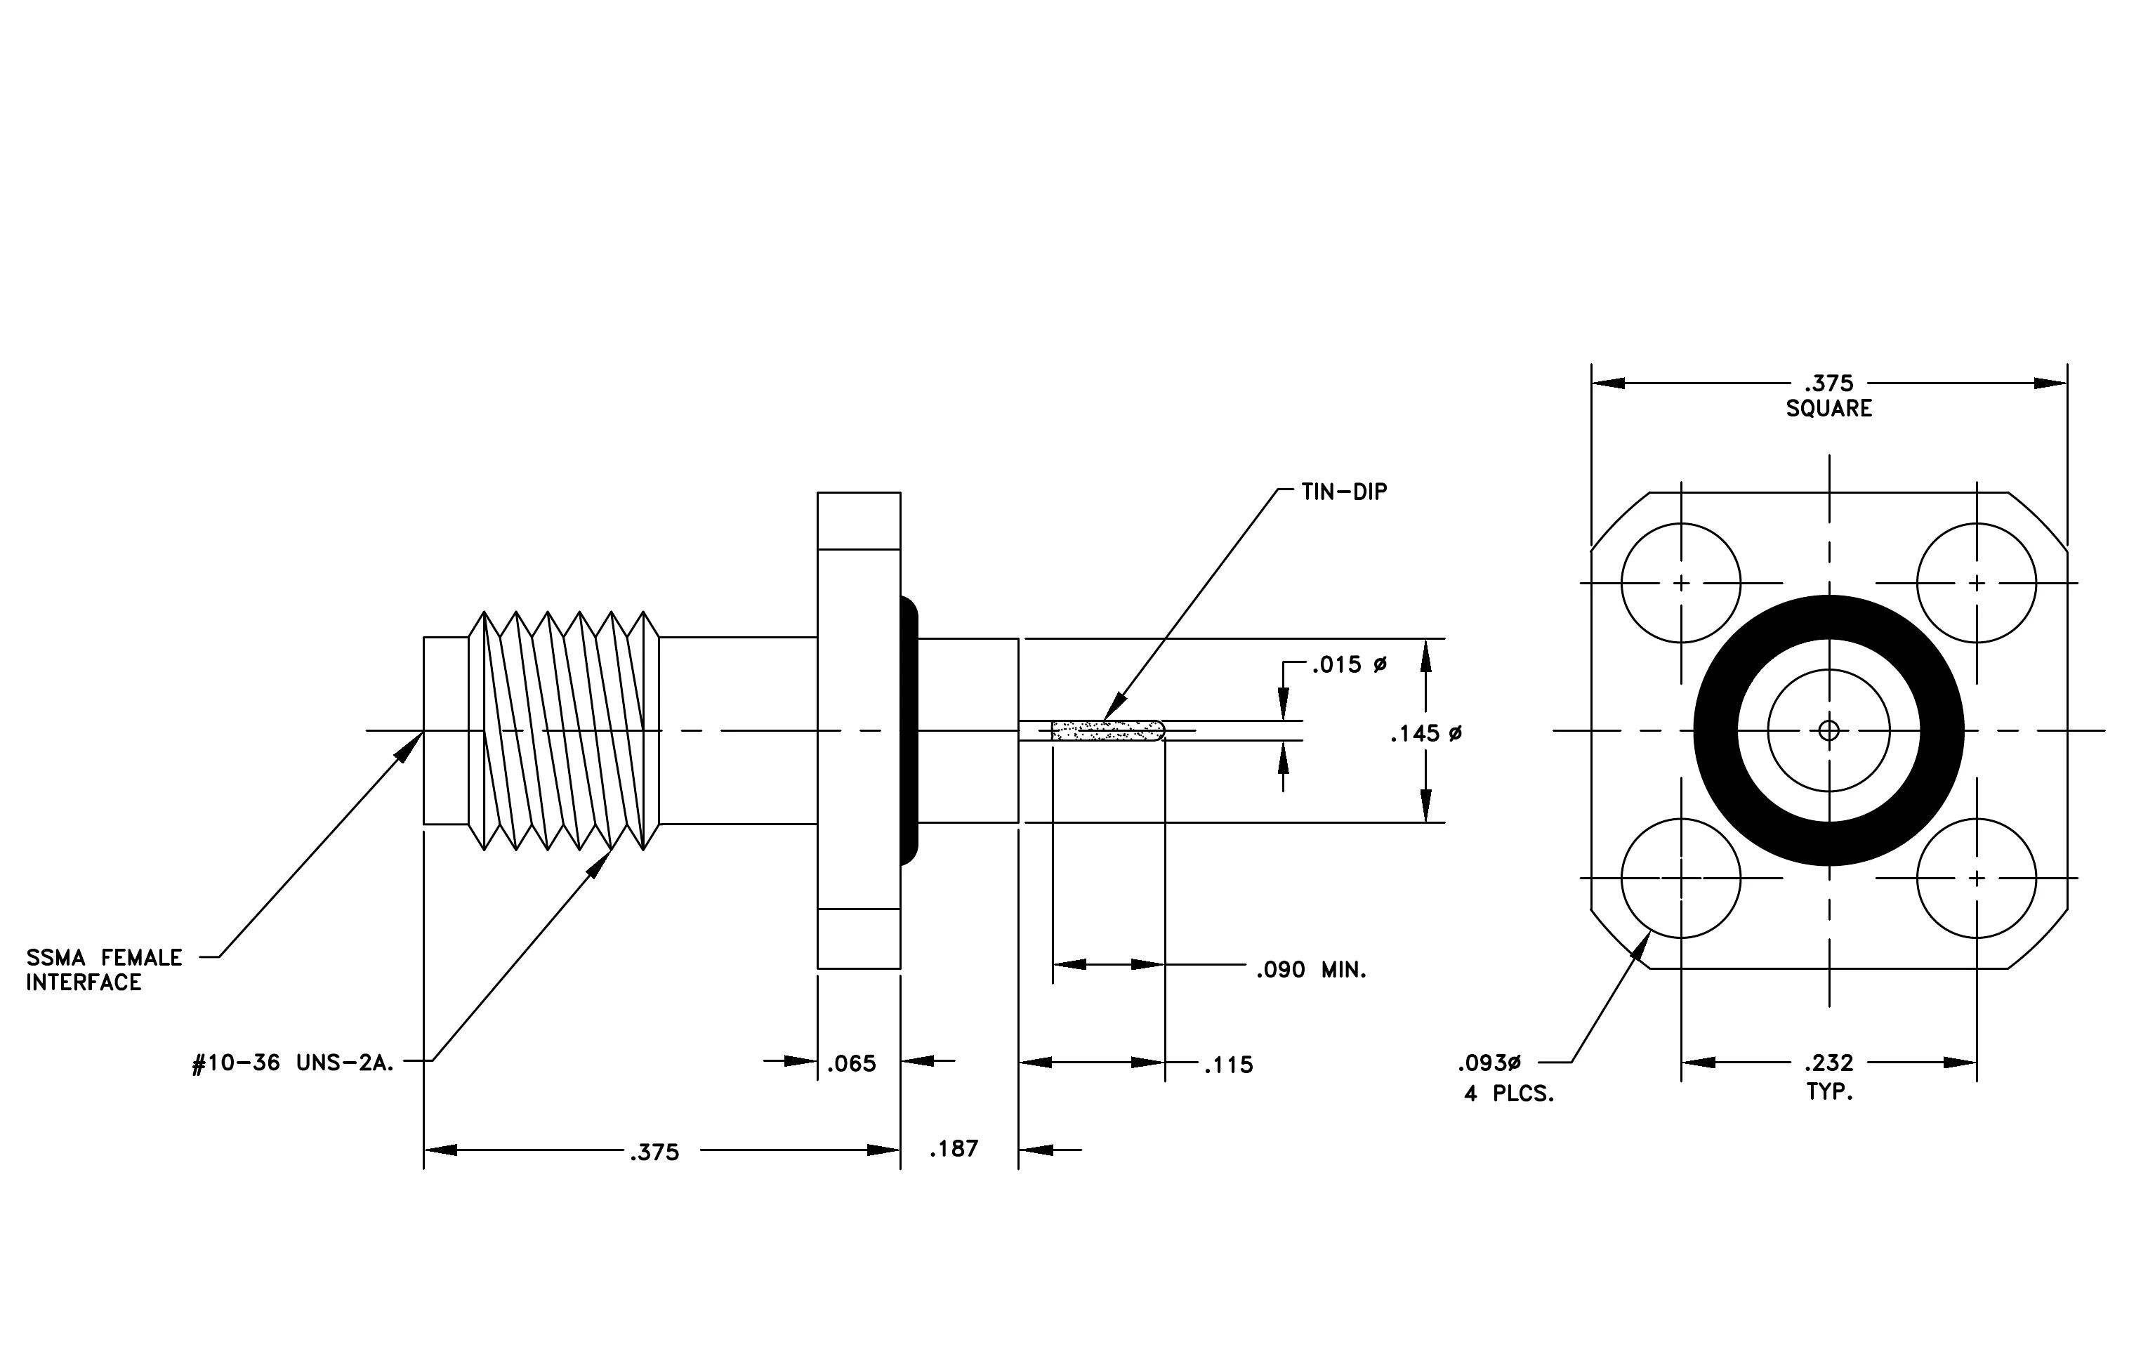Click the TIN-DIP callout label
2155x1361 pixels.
pos(1344,492)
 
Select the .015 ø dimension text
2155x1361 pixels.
pos(1350,665)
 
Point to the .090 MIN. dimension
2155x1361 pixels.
pos(1311,970)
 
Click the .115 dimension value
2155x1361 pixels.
pos(1229,1065)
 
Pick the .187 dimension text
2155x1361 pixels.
pos(954,1149)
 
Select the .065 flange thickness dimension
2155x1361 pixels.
pos(851,1064)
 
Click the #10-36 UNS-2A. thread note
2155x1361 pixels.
pos(294,1065)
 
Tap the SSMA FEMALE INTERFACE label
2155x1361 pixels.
pos(104,970)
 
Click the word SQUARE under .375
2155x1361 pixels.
pos(1829,409)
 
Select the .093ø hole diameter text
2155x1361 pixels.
pos(1489,1064)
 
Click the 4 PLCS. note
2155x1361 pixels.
pos(1510,1093)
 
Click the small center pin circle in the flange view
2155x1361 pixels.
pos(1829,731)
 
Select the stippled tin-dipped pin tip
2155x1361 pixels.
pos(1109,731)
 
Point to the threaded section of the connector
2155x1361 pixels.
pos(564,731)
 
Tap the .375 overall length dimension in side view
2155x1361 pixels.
pos(655,1152)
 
